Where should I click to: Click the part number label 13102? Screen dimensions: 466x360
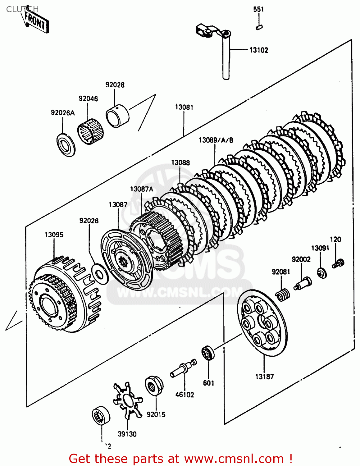259,50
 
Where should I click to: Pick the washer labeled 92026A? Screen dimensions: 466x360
66,145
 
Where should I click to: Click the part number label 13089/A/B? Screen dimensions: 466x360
216,140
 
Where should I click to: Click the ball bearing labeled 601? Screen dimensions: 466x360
208,353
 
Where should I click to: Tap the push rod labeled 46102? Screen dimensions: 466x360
183,368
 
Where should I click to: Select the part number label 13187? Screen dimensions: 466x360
264,377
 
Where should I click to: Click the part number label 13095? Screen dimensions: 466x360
54,235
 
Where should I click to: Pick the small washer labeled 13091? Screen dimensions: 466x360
322,273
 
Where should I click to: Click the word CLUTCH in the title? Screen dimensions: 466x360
22,9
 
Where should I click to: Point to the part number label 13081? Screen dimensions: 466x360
184,107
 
